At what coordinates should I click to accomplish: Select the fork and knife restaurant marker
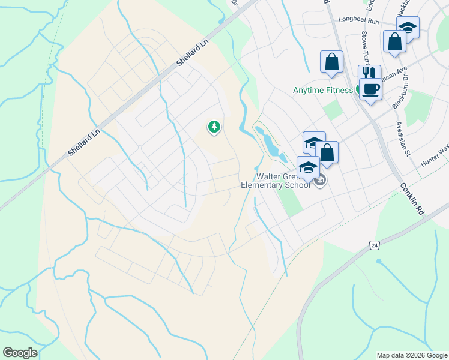coord(369,74)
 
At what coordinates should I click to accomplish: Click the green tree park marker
coord(213,127)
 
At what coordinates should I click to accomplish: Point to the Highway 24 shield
coord(374,245)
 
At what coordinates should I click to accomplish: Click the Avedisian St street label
coord(402,139)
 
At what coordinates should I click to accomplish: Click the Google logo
coord(20,352)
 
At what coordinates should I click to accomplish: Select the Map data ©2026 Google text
coord(411,355)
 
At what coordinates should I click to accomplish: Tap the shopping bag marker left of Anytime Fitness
coord(331,61)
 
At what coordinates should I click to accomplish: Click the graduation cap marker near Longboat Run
coord(408,27)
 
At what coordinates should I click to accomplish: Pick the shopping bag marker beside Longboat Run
coord(395,42)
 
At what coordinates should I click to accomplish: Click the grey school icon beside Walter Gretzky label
coord(319,179)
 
